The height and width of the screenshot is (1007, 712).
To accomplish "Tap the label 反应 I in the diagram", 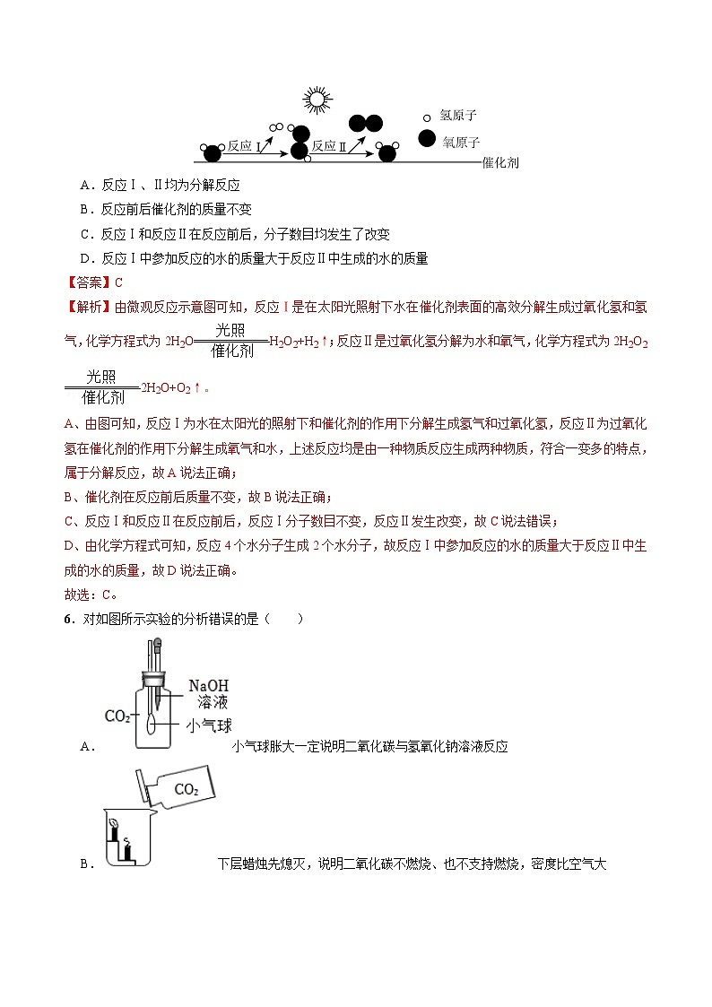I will pyautogui.click(x=243, y=145).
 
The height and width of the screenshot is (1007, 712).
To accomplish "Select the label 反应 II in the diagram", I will pyautogui.click(x=328, y=145).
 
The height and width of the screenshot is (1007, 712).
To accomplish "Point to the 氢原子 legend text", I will pyautogui.click(x=457, y=117).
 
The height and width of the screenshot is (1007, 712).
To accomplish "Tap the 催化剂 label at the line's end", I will pyautogui.click(x=500, y=162).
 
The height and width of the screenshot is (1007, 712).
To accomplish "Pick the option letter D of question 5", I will pyautogui.click(x=84, y=258).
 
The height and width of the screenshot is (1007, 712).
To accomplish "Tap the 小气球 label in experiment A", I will pyautogui.click(x=209, y=725).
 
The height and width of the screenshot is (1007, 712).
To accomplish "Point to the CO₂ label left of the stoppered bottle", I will pyautogui.click(x=117, y=716).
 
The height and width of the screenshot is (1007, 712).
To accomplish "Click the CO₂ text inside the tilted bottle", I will pyautogui.click(x=186, y=789).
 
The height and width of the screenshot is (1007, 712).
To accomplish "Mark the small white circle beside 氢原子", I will pyautogui.click(x=427, y=117).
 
